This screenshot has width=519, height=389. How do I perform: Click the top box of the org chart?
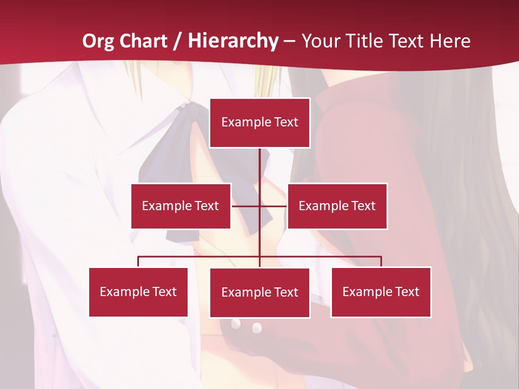click(259, 123)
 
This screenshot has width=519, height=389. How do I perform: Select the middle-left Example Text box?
click(181, 206)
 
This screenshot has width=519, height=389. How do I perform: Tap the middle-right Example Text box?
click(337, 206)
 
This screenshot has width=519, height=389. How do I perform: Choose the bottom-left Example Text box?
click(138, 292)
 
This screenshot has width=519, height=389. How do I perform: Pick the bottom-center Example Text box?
click(259, 292)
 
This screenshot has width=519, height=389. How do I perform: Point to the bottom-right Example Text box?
click(381, 292)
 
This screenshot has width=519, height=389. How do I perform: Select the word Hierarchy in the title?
click(233, 41)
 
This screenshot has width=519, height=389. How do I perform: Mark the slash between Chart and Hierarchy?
click(177, 41)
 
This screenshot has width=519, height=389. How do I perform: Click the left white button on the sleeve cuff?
click(236, 324)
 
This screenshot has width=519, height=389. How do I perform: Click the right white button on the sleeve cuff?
click(257, 327)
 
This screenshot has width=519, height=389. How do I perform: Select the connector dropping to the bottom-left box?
click(138, 261)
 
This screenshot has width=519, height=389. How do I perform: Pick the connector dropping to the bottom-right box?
click(381, 261)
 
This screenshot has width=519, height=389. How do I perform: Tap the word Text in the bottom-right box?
click(407, 292)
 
